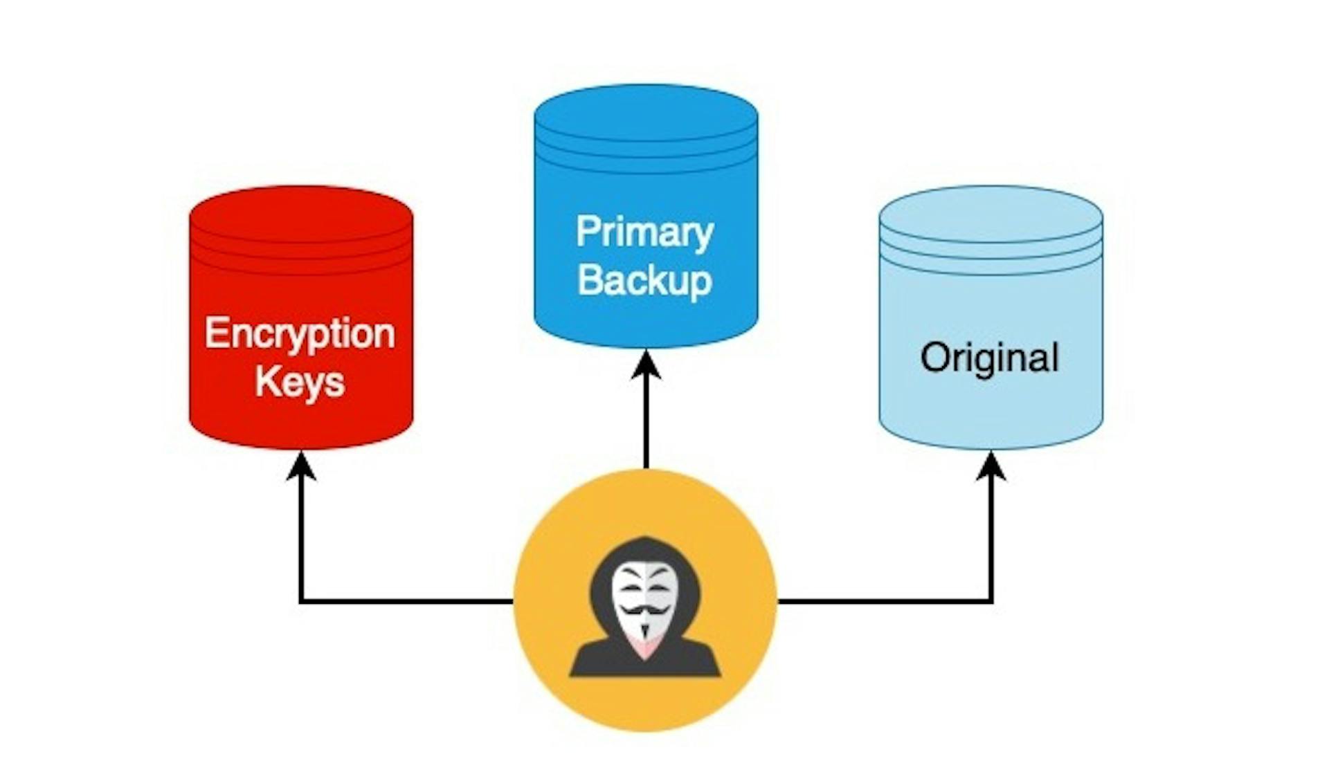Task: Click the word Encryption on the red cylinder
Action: (299, 335)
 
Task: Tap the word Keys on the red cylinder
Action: (299, 382)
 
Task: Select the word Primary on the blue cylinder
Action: (645, 232)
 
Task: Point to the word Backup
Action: (645, 280)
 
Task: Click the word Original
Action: (990, 358)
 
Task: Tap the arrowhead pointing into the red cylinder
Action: (301, 465)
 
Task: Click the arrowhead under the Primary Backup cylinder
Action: (646, 364)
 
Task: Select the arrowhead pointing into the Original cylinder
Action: (991, 465)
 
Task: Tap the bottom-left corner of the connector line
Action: (301, 601)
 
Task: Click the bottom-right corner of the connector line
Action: (991, 601)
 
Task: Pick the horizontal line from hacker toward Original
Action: (886, 601)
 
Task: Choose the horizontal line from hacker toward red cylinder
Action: (408, 601)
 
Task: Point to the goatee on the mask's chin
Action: (645, 632)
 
